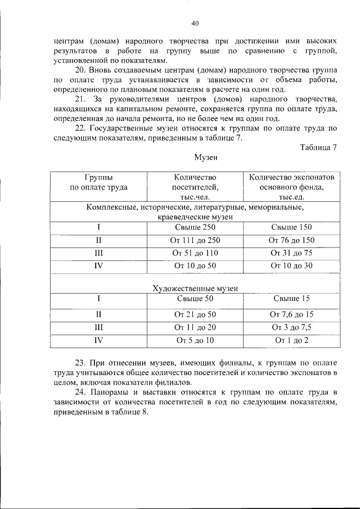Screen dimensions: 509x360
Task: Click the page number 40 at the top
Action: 195,23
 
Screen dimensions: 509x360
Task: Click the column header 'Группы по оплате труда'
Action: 98,182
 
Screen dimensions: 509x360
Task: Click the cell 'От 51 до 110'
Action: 195,253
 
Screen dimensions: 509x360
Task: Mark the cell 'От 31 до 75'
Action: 291,253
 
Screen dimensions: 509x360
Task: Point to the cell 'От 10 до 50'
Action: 195,266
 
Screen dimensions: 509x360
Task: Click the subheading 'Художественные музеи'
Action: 195,288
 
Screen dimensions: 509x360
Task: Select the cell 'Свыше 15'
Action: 291,299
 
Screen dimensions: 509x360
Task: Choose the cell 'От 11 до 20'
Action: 195,327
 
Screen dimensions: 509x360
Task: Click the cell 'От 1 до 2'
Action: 291,340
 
